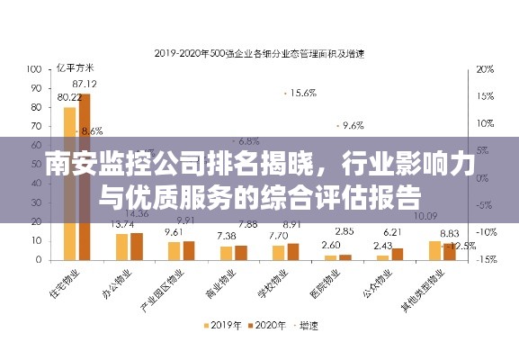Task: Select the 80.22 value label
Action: [x=69, y=97]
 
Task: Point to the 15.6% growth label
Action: [x=302, y=93]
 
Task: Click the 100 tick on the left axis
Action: [x=36, y=68]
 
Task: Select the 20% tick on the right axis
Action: [x=485, y=68]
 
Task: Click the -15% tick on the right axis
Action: [x=485, y=259]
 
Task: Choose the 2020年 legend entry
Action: [x=270, y=326]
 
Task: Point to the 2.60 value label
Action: [x=331, y=245]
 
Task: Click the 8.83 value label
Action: [x=449, y=232]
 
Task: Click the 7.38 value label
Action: [x=226, y=236]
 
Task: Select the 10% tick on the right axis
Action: [x=485, y=122]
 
